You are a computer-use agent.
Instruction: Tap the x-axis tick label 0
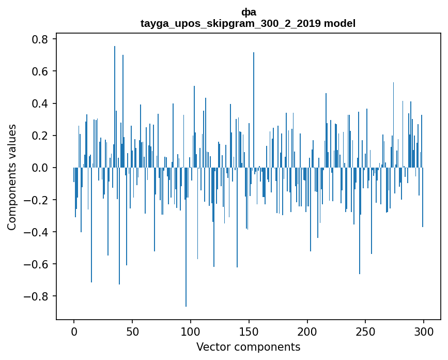click(74, 331)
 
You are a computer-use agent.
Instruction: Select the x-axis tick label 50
click(132, 331)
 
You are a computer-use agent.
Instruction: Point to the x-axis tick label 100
click(191, 331)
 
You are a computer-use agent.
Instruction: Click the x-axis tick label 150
click(249, 331)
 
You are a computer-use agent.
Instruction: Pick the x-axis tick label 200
click(307, 331)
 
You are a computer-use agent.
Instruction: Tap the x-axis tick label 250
click(366, 331)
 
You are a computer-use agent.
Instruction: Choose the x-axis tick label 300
click(424, 331)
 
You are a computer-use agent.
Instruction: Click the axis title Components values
click(12, 177)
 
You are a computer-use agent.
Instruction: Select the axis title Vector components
click(248, 347)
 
